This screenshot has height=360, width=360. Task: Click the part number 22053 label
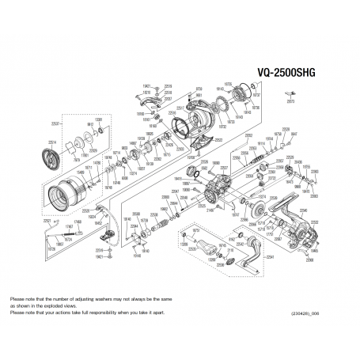coord(248,136)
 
